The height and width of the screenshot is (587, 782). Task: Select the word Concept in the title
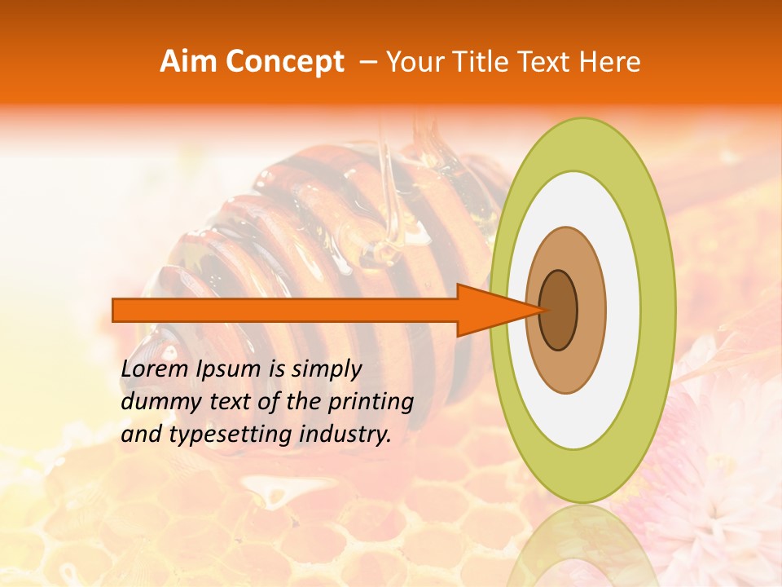click(x=285, y=62)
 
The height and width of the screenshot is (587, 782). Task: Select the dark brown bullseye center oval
click(x=559, y=311)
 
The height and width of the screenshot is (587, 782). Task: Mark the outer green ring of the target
click(x=658, y=310)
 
